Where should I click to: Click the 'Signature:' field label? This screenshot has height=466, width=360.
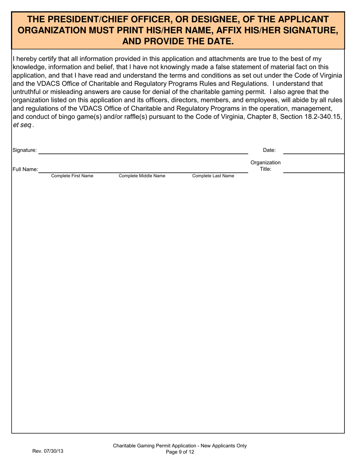(x=25, y=150)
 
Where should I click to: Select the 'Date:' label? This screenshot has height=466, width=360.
(x=269, y=150)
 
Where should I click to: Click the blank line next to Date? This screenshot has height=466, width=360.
(x=313, y=150)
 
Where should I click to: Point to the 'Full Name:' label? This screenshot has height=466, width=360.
(x=25, y=169)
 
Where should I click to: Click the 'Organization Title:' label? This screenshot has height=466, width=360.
(x=266, y=166)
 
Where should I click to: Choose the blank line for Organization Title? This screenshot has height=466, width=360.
(x=313, y=170)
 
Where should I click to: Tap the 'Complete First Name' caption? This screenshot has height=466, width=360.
(x=72, y=176)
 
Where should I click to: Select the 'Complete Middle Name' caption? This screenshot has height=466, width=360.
(x=142, y=176)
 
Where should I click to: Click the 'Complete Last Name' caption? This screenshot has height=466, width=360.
(x=213, y=176)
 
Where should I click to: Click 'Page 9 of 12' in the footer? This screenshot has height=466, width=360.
(x=180, y=452)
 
